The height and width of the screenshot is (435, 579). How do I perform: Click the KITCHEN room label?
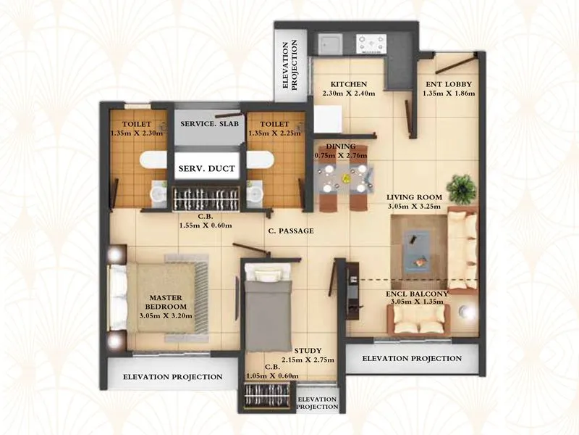pos(345,84)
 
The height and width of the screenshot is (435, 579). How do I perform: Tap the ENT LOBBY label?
pos(449,84)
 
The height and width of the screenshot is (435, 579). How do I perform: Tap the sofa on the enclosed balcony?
pos(418,319)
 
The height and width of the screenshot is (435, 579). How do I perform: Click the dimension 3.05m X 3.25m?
pos(413,207)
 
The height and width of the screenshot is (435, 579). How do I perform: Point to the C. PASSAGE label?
pos(290,231)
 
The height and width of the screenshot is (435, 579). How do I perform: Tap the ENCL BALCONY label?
pos(417,294)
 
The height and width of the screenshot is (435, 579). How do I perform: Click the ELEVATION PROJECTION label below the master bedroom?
pos(172,377)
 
